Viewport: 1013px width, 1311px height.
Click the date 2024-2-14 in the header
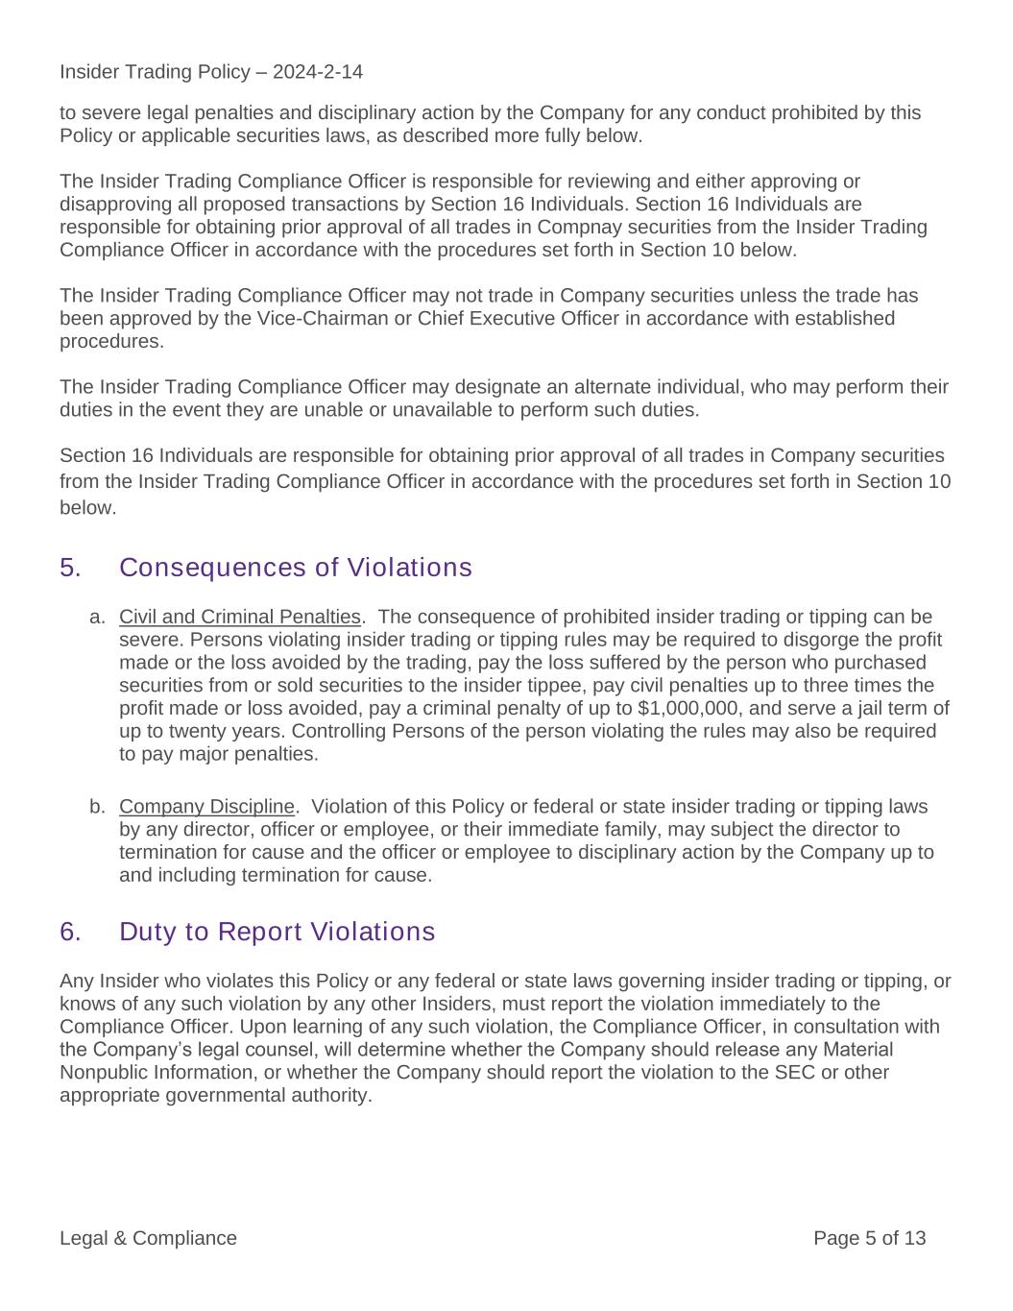(318, 72)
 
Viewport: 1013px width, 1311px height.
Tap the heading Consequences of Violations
(296, 568)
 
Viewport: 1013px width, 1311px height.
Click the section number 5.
(70, 568)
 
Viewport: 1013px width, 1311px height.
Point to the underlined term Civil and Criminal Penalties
(240, 617)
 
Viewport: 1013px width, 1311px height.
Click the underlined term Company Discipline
(206, 806)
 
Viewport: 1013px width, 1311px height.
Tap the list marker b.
(97, 806)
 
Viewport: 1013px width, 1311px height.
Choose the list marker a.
(97, 617)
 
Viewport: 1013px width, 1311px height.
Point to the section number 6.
(70, 932)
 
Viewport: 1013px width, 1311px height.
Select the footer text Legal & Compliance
(148, 1238)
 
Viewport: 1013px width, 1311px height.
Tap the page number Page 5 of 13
(869, 1238)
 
